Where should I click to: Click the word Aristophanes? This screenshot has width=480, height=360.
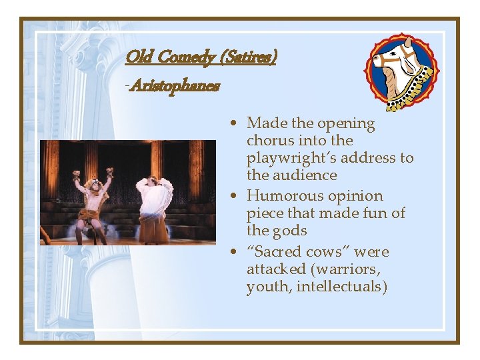click(x=175, y=85)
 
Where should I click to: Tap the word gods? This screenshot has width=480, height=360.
click(x=290, y=231)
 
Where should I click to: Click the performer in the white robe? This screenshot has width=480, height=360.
click(x=155, y=203)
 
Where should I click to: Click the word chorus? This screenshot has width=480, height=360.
click(x=268, y=141)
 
